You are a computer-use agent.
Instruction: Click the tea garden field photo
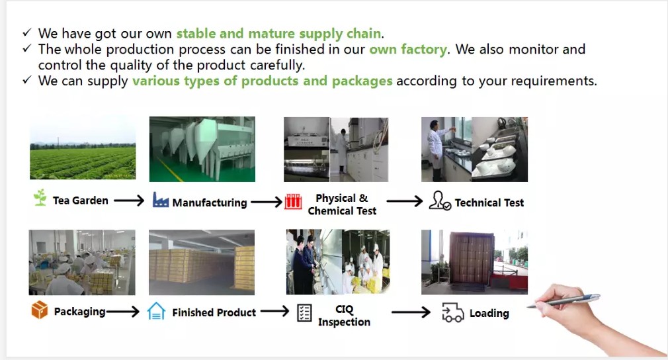point(83,148)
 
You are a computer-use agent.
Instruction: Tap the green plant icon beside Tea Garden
point(40,198)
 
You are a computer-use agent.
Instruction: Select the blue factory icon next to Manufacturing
point(161,200)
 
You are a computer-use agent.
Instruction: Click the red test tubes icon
point(293,202)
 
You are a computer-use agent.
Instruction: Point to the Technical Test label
point(489,202)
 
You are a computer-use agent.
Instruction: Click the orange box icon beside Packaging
point(40,310)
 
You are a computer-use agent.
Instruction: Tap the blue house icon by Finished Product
point(156,311)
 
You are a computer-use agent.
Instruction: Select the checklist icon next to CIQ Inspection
point(304,313)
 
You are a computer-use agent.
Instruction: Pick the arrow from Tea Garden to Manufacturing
point(129,201)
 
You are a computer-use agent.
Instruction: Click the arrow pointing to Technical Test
point(405,201)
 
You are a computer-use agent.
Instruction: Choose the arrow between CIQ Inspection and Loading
point(411,312)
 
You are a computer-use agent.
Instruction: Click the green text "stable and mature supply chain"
point(278,33)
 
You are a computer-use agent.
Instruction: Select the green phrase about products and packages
point(262,81)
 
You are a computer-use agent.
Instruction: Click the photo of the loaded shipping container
point(474,262)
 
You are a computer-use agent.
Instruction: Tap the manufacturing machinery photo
point(202,149)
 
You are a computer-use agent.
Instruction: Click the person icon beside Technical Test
point(439,201)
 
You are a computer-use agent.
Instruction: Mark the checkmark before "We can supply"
point(26,80)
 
